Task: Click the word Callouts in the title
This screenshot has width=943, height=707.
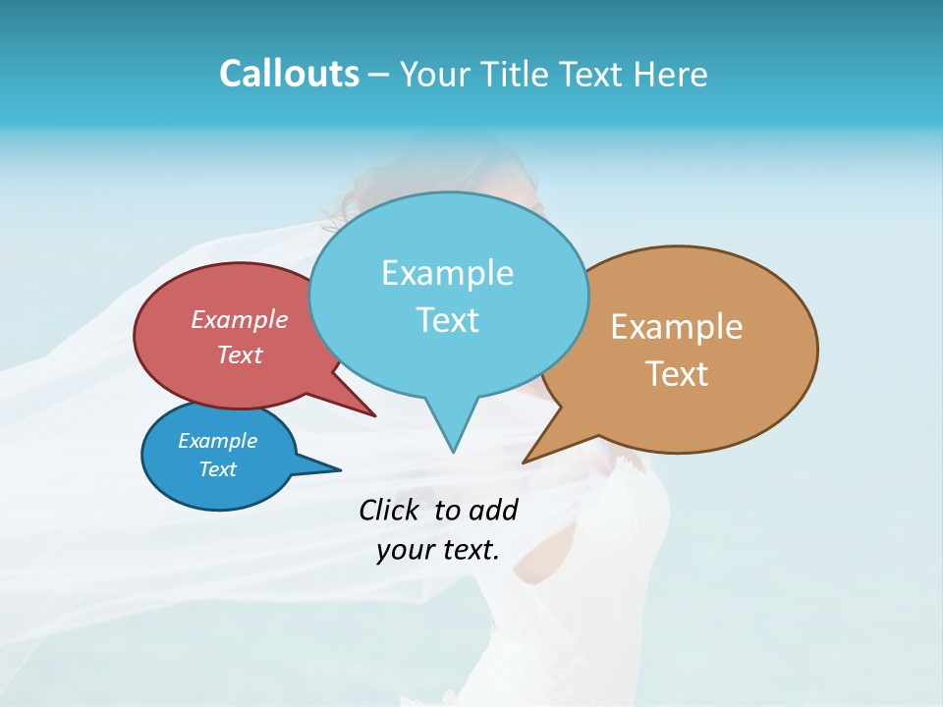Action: pos(289,74)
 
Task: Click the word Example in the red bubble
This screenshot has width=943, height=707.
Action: pos(240,319)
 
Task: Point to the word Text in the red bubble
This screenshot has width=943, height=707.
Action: pos(240,354)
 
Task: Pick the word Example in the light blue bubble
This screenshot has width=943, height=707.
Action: pos(447,273)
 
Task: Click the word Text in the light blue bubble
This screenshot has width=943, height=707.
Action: pos(448,320)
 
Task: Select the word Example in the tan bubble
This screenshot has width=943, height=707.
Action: pos(677,327)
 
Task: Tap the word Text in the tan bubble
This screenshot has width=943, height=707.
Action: pos(678,374)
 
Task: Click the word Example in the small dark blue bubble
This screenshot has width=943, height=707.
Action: pos(218,441)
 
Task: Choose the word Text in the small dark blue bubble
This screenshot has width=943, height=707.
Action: pos(218,469)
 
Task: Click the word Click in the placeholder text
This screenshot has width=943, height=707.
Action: pos(391,510)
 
